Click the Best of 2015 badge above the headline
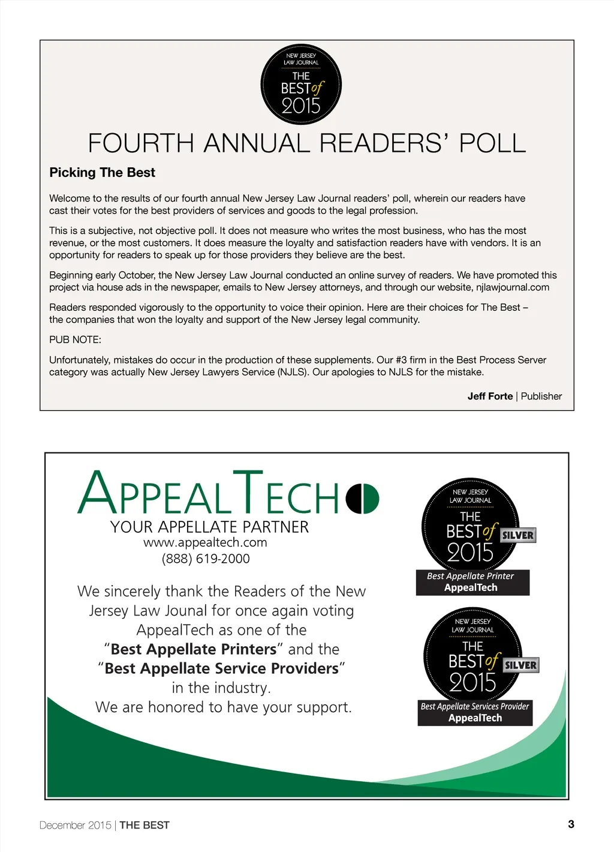coord(301,85)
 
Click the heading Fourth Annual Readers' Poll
coord(306,144)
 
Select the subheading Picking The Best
coord(102,173)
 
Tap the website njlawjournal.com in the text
coord(513,287)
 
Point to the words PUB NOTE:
coord(75,340)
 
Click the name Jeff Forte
coord(490,396)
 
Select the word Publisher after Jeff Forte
coord(541,396)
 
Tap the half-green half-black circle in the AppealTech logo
coord(362,498)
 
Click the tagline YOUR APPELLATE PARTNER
coord(209,527)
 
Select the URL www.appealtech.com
coord(205,542)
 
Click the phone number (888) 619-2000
coord(206,559)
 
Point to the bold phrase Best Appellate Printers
coord(194,649)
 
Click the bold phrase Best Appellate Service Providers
coord(221,668)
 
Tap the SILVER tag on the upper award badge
coord(517,535)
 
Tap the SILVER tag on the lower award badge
coord(520,665)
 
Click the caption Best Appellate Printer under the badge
coord(470,576)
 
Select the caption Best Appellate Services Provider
coord(475,706)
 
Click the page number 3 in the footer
coord(571,824)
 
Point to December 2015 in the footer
coord(75,826)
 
